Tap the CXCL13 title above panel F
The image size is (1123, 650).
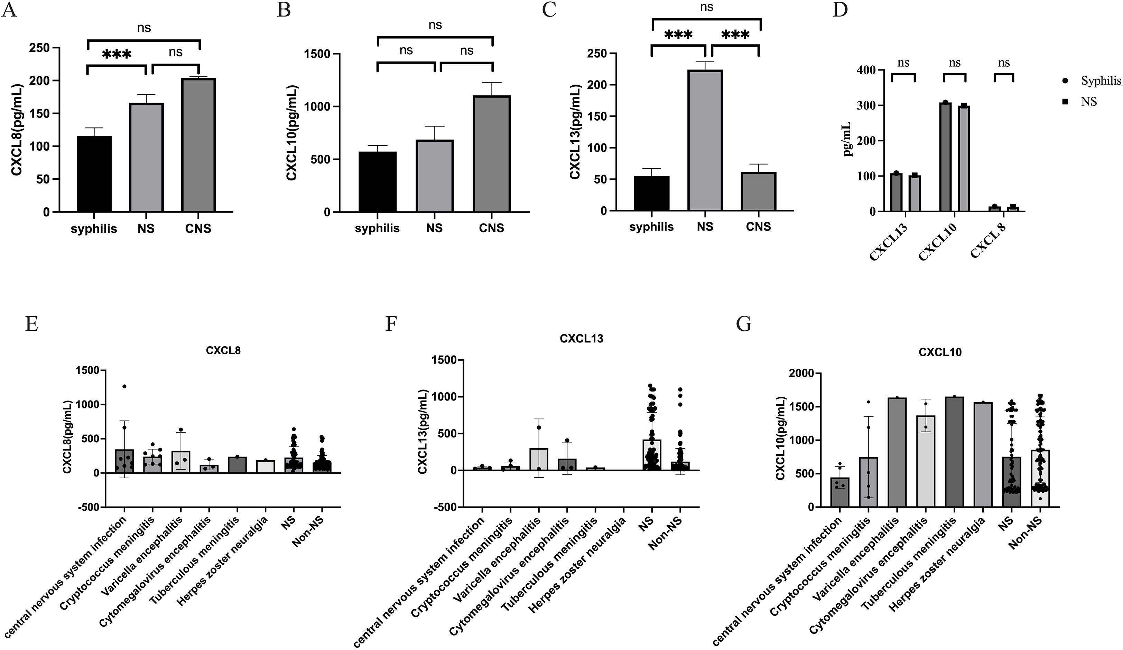point(581,339)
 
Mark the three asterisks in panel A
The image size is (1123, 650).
point(117,55)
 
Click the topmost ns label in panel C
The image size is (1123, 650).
point(706,7)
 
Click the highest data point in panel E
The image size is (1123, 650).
point(124,386)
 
